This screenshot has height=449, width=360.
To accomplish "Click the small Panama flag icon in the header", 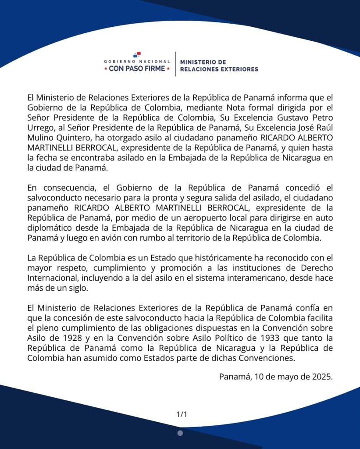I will (137, 55).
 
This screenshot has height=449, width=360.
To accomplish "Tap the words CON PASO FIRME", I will (137, 68).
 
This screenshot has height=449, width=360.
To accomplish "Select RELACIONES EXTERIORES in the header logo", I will (219, 69).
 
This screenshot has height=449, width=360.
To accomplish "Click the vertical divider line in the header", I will (175, 64).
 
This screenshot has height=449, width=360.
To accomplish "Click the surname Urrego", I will (40, 126).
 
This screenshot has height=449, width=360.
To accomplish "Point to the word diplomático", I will (52, 228).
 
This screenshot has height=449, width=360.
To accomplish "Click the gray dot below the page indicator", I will (180, 433).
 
